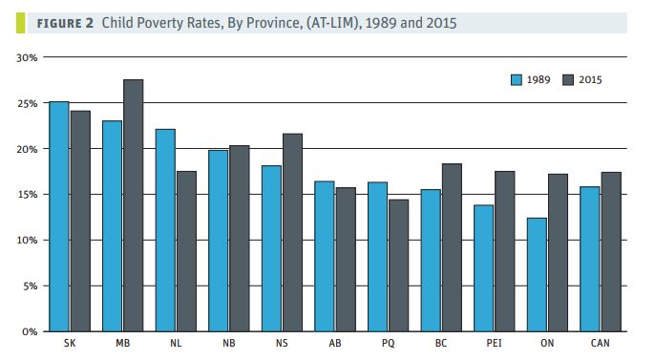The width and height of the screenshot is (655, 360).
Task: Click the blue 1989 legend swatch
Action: point(515,79)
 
